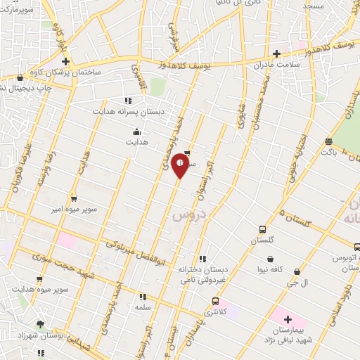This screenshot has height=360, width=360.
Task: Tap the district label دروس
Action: pyautogui.click(x=186, y=214)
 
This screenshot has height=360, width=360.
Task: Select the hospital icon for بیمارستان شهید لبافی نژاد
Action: pyautogui.click(x=287, y=319)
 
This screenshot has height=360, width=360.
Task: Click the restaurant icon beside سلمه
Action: pyautogui.click(x=143, y=297)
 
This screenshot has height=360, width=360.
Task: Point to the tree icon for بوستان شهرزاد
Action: pyautogui.click(x=40, y=324)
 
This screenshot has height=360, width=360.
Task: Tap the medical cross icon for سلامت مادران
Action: pyautogui.click(x=277, y=53)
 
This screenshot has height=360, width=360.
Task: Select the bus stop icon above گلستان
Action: pyautogui.click(x=263, y=229)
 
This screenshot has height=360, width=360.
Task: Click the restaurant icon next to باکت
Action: pyautogui.click(x=328, y=140)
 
